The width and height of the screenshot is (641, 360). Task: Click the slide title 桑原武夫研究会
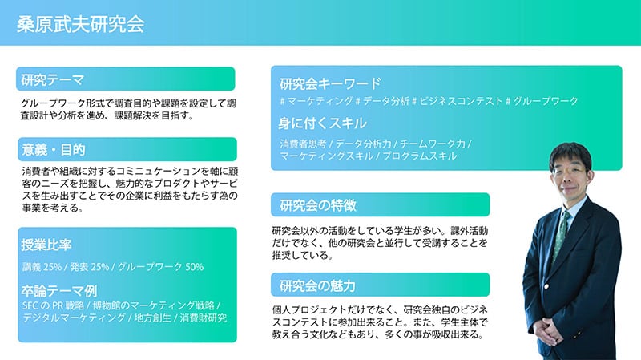click(x=80, y=24)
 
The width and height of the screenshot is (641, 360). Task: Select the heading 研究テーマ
click(x=53, y=79)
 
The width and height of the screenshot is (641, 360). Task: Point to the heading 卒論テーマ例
click(x=59, y=291)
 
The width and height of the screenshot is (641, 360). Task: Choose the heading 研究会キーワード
click(x=329, y=83)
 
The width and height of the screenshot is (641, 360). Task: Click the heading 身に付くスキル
click(x=322, y=123)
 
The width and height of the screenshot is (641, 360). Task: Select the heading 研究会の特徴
click(x=318, y=205)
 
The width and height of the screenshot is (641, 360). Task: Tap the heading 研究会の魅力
click(x=318, y=285)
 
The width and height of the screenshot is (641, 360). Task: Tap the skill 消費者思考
click(x=303, y=144)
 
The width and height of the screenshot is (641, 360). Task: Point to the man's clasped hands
click(x=552, y=329)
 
